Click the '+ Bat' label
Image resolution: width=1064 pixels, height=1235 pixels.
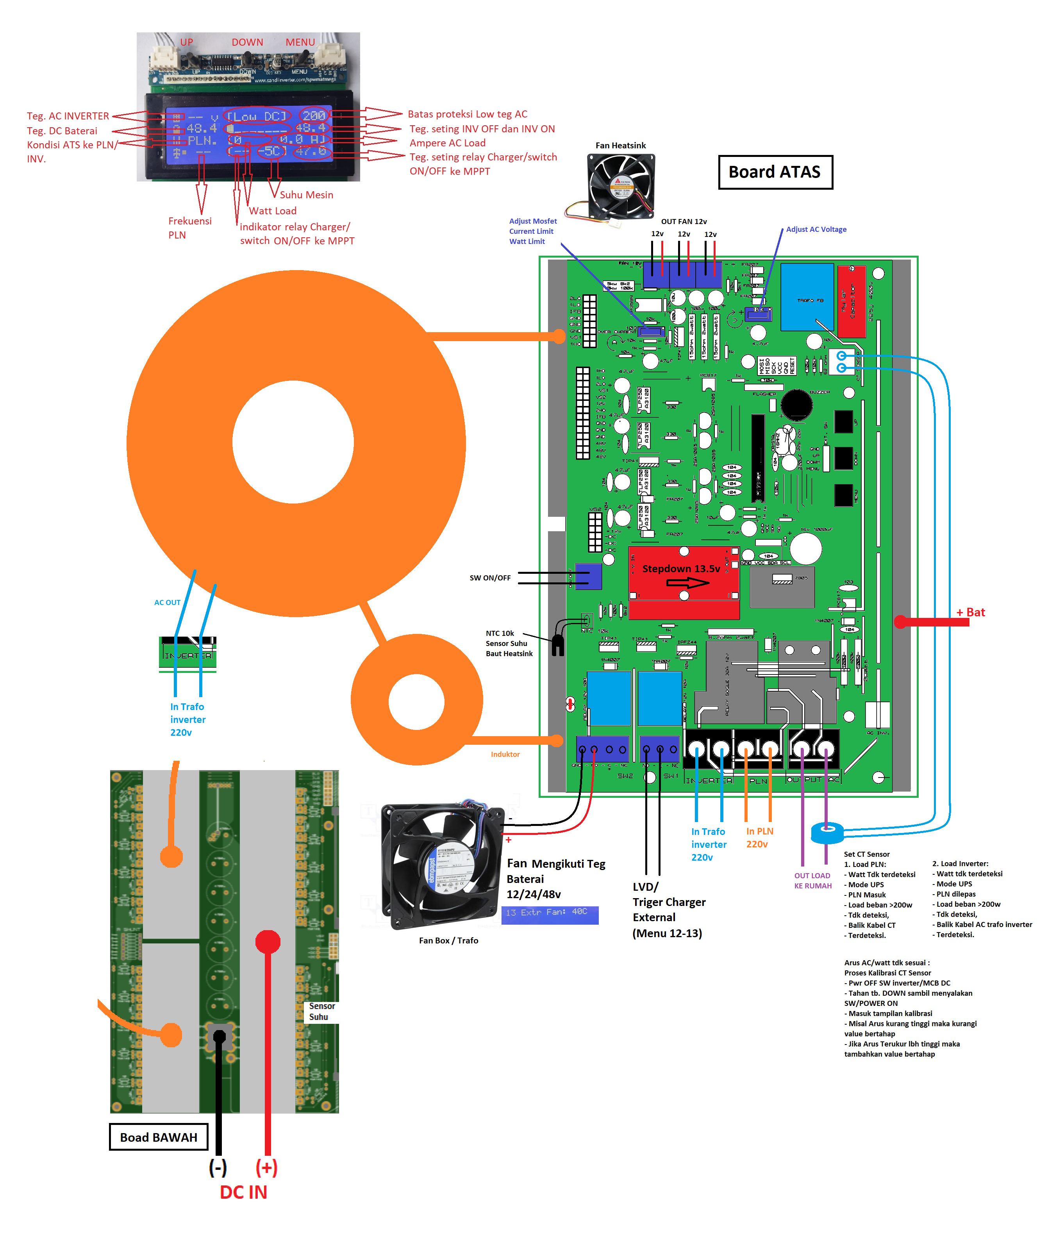point(970,612)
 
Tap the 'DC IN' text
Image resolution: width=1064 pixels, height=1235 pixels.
point(243,1192)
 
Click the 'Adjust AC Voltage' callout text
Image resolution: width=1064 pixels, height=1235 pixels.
point(816,230)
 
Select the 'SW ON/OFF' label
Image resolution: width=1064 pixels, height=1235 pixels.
point(490,578)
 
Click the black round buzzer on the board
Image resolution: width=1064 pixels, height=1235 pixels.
point(796,405)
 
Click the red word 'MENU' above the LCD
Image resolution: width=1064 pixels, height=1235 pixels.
point(300,42)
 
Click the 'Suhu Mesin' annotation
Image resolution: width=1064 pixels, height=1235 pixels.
point(307,195)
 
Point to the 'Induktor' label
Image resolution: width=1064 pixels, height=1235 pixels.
point(505,754)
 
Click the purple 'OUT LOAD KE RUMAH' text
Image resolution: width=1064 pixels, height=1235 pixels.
point(812,880)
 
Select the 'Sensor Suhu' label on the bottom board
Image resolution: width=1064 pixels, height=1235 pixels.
point(321,1011)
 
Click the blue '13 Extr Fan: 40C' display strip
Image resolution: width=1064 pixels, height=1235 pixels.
point(549,914)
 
